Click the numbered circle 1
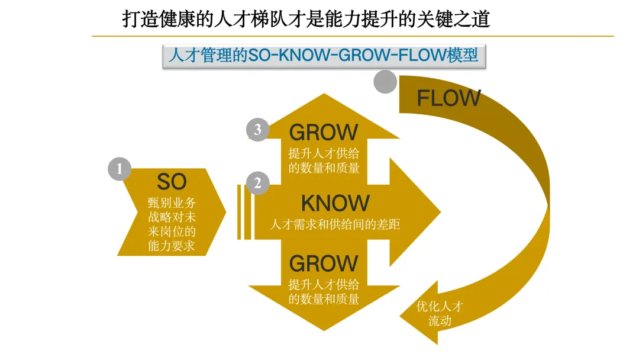[x=119, y=169]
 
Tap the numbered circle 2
[x=257, y=184]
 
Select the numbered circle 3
[x=257, y=130]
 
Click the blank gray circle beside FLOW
[x=385, y=82]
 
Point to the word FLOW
[x=448, y=98]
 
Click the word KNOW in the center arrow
[x=335, y=204]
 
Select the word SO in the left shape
[x=172, y=181]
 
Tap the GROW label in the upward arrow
[x=324, y=132]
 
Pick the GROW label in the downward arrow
[x=324, y=263]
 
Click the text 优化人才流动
[x=440, y=314]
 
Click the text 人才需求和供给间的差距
[x=335, y=225]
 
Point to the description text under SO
[x=172, y=224]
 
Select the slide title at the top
[x=306, y=19]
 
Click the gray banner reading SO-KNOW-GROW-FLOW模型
[x=323, y=56]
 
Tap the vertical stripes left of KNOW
[x=244, y=212]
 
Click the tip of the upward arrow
[x=323, y=95]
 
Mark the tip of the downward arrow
[x=323, y=329]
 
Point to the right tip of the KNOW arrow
[x=439, y=212]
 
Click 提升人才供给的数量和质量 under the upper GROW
[x=324, y=160]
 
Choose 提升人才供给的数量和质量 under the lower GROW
[x=324, y=291]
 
